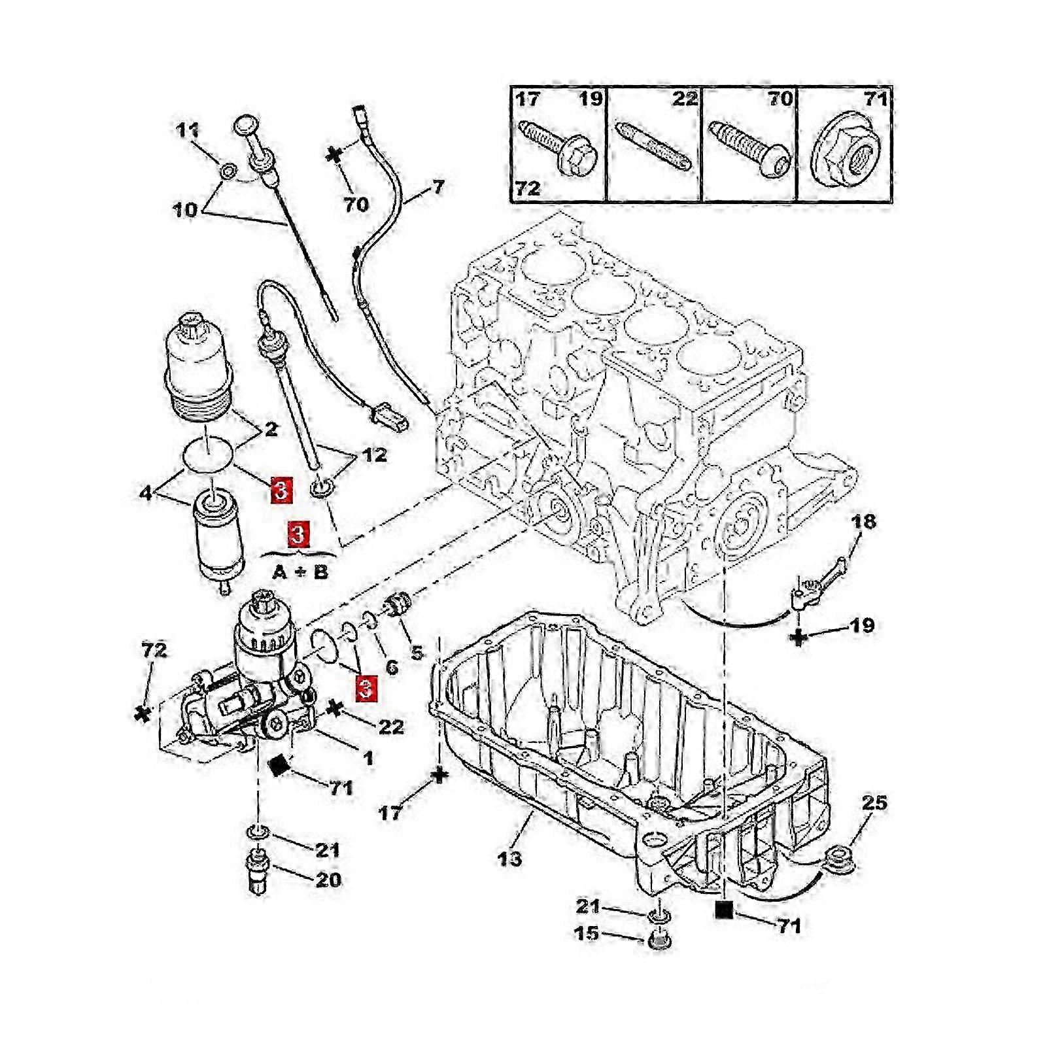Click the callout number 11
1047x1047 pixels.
188,130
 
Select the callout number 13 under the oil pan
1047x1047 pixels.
509,857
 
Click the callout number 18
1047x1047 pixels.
864,521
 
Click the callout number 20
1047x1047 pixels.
328,880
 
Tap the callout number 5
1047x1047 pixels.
417,652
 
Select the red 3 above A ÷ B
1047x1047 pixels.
298,534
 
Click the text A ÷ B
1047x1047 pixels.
300,572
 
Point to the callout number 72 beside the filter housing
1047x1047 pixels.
154,650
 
